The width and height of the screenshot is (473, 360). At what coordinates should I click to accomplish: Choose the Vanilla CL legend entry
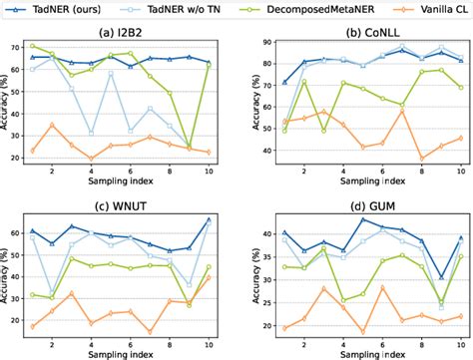[428, 8]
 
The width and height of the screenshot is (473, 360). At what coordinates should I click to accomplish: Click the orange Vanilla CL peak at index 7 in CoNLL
[401, 111]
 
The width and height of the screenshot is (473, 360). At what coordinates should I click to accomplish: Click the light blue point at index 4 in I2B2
[92, 132]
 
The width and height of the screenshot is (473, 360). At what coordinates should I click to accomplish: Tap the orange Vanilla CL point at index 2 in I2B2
[53, 125]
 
